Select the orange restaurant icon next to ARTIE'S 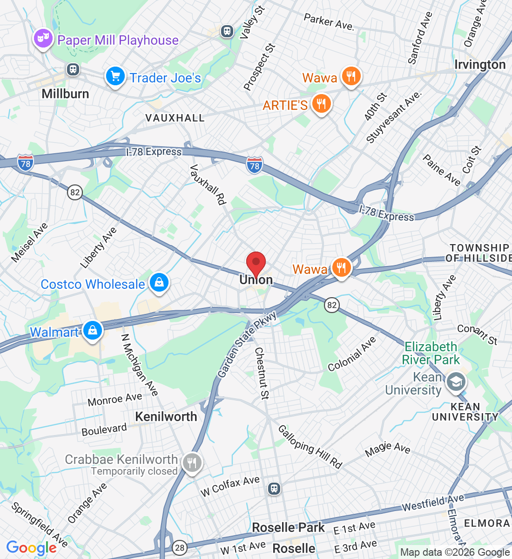[321, 104]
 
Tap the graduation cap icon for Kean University [456, 382]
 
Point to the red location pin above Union [256, 264]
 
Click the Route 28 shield [180, 548]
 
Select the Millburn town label [65, 94]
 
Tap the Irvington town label [480, 64]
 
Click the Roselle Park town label [288, 527]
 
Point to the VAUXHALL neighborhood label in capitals [175, 118]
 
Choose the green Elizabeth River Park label [431, 353]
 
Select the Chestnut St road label [262, 373]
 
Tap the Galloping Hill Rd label [310, 446]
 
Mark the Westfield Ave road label [433, 502]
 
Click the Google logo [31, 548]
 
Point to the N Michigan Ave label [139, 365]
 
